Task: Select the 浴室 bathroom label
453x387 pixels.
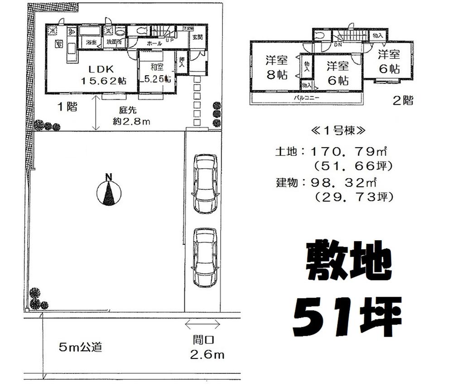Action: click(92, 42)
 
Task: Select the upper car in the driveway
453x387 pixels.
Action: click(205, 184)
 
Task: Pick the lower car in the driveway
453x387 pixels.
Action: click(205, 257)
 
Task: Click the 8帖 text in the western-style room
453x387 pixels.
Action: click(277, 76)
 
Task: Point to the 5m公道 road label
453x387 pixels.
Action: click(80, 348)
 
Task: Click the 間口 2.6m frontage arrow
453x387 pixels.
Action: click(202, 324)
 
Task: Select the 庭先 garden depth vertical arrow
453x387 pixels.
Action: click(96, 113)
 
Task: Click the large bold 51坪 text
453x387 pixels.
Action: click(347, 315)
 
